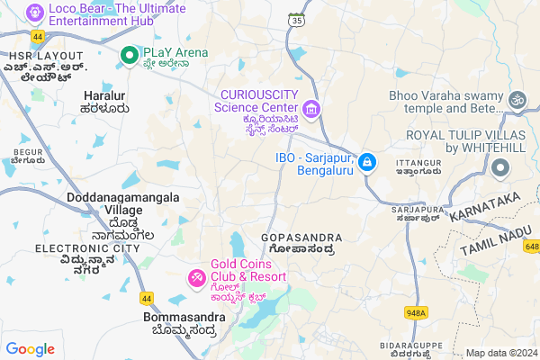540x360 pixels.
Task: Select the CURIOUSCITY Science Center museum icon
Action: click(x=311, y=110)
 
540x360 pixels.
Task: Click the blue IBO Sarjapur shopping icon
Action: click(x=366, y=162)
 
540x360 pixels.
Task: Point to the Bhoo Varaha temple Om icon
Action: click(x=517, y=102)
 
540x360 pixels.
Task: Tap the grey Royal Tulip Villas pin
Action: click(x=501, y=168)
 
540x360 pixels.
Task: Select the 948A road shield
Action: click(x=416, y=313)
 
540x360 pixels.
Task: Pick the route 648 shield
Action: click(x=532, y=247)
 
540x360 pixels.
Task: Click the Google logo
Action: click(x=30, y=349)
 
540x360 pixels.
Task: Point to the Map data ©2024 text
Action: click(x=499, y=353)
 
